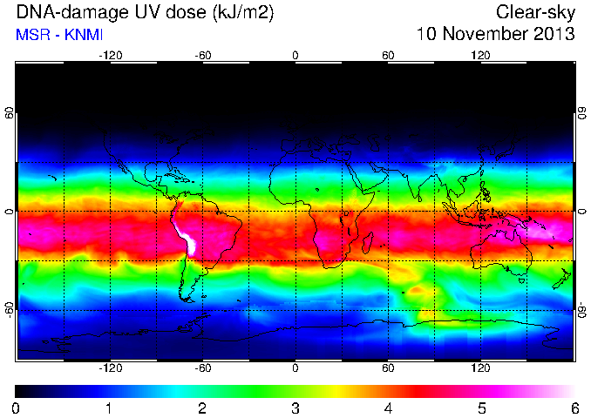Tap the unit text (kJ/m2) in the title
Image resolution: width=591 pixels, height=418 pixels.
(x=242, y=12)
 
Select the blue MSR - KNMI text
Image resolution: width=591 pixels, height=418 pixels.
(x=59, y=35)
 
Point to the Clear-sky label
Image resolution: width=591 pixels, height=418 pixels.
(x=535, y=12)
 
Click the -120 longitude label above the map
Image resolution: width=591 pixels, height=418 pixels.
(x=111, y=56)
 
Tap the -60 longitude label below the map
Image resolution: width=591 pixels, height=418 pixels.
(x=203, y=367)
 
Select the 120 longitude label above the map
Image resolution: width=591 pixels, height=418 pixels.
(x=480, y=56)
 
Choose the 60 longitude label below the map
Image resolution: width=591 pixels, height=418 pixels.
(x=388, y=367)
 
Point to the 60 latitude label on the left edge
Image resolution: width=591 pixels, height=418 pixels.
(x=10, y=112)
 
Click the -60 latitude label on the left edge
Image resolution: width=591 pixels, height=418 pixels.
(x=10, y=309)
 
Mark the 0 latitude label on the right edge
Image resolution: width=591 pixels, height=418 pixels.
(x=582, y=212)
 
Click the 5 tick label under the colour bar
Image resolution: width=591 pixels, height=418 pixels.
(x=482, y=408)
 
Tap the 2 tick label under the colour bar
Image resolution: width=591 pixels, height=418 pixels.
(x=202, y=408)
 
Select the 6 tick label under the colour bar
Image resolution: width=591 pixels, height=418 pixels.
(x=574, y=408)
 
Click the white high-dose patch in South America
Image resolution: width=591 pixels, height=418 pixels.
(x=189, y=241)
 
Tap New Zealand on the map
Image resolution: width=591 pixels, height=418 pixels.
(x=562, y=279)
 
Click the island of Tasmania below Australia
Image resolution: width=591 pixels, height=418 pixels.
(x=522, y=280)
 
